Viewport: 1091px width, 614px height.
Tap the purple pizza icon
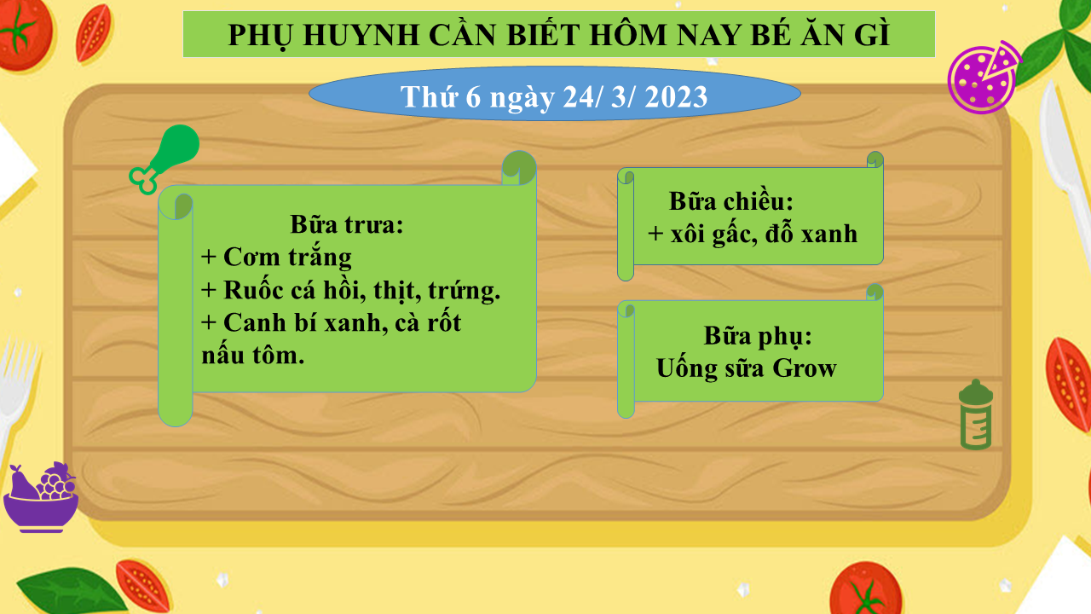point(984,78)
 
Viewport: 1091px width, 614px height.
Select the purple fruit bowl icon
point(41,497)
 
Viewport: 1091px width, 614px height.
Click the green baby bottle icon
point(976,414)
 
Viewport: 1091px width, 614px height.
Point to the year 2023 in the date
point(676,97)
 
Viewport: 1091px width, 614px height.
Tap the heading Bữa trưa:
point(347,224)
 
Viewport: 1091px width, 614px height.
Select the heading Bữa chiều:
point(731,201)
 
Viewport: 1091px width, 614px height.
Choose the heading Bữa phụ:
point(758,337)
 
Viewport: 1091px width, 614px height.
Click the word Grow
point(805,368)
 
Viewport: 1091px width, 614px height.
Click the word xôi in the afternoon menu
point(687,234)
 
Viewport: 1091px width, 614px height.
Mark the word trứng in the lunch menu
point(464,291)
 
